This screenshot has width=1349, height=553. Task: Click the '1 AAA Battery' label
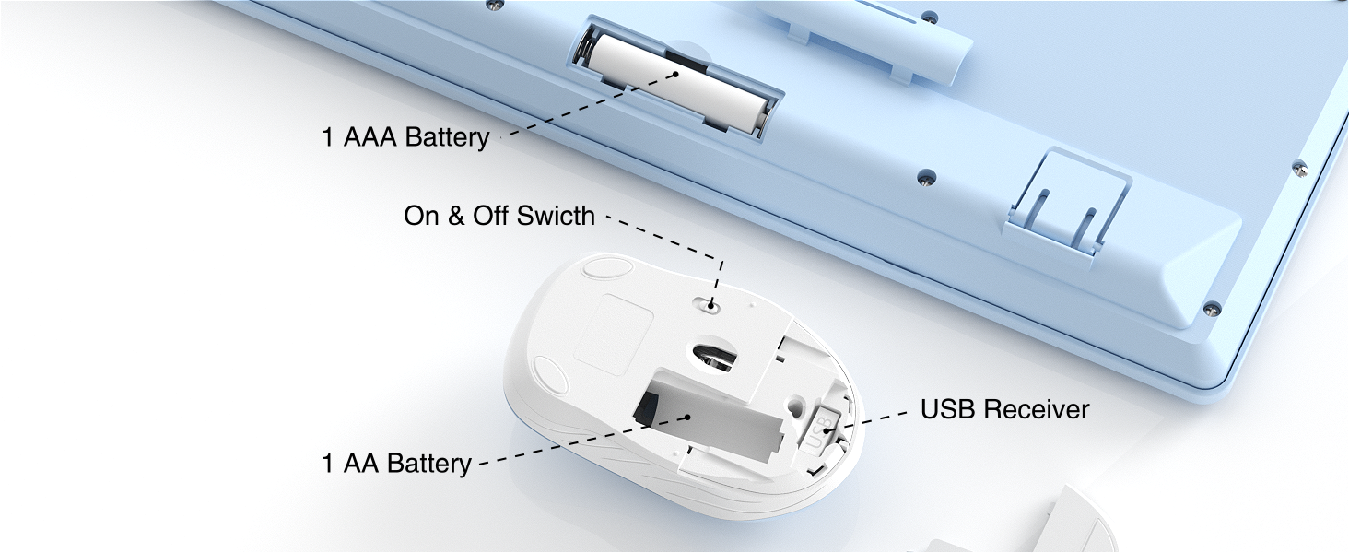pyautogui.click(x=405, y=137)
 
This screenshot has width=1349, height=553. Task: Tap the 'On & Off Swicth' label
pyautogui.click(x=499, y=217)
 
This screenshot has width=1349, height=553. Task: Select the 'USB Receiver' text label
pyautogui.click(x=1004, y=409)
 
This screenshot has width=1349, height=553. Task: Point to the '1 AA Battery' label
pyautogui.click(x=396, y=463)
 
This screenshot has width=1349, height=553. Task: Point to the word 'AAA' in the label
pyautogui.click(x=372, y=137)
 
